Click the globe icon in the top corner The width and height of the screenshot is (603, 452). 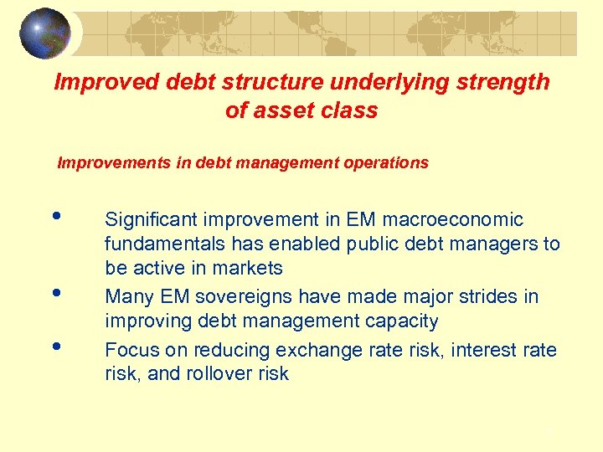coord(45,33)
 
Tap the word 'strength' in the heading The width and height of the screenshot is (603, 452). coord(505,82)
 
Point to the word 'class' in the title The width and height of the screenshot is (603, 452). coord(349,110)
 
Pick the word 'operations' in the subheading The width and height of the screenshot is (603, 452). coord(386,163)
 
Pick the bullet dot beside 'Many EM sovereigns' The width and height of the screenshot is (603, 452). coord(56,292)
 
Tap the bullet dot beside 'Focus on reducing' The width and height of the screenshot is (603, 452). coord(56,345)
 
